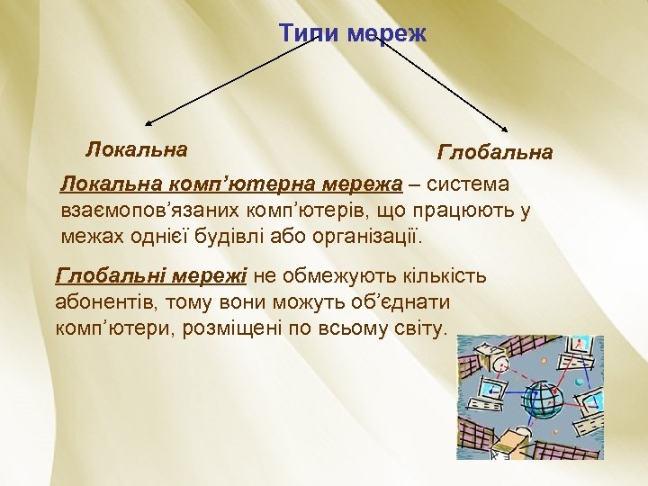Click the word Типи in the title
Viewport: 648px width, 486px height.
(309, 33)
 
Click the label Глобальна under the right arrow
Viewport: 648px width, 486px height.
(495, 152)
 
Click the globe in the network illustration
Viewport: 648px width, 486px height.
(544, 398)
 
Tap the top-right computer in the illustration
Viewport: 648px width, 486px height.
(581, 351)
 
